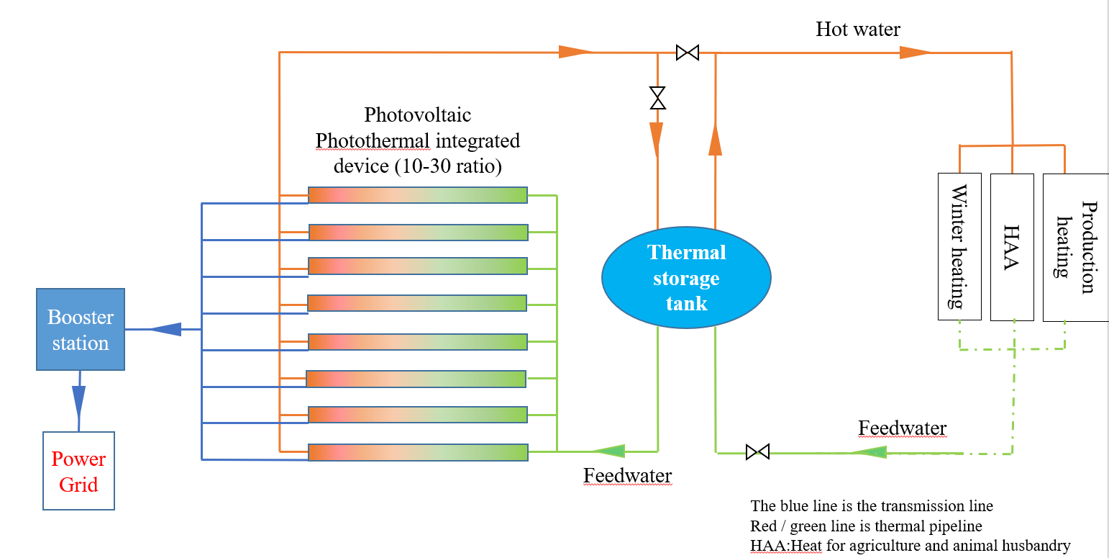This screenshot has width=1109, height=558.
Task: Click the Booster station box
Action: [x=81, y=330]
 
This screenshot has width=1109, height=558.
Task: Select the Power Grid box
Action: [x=78, y=471]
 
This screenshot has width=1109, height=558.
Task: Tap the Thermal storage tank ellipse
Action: [x=686, y=278]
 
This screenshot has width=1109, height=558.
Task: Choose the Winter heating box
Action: [x=959, y=246]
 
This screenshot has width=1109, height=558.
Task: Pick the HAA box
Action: [x=1012, y=246]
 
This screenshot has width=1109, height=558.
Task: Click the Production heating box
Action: [x=1075, y=247]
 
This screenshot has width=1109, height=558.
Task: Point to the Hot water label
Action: [x=857, y=30]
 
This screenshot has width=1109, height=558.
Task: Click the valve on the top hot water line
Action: [x=688, y=53]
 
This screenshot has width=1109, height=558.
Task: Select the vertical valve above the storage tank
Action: [x=657, y=98]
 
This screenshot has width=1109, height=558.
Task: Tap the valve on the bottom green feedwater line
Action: [x=757, y=452]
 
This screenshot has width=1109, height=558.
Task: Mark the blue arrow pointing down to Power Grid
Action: [x=78, y=400]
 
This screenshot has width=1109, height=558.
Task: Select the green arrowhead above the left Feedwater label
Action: [x=610, y=451]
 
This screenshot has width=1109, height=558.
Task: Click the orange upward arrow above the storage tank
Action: [x=715, y=140]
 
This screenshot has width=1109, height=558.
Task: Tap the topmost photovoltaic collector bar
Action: [x=417, y=195]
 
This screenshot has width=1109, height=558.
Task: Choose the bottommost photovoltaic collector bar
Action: [x=417, y=452]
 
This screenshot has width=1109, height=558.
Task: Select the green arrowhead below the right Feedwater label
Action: [x=870, y=452]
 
